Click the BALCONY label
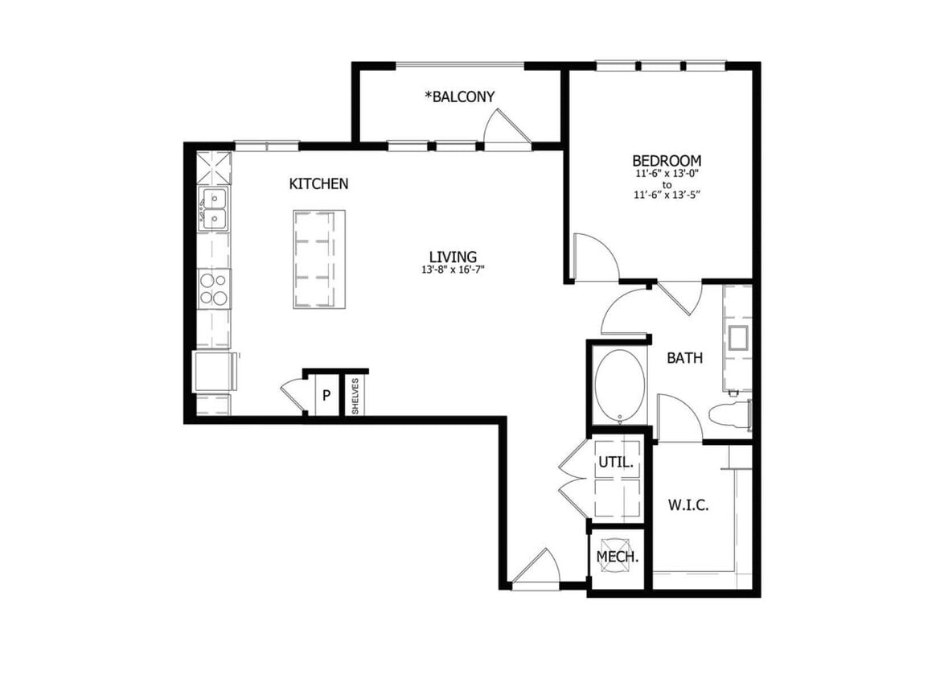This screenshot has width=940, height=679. (460, 97)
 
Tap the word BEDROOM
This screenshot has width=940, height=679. (666, 161)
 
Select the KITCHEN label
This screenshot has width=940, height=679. (318, 184)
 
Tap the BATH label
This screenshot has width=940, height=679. (684, 358)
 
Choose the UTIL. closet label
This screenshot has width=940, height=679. (616, 463)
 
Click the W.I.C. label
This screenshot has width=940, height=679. (688, 506)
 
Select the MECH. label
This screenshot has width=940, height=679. (618, 557)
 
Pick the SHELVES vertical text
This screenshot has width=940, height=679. (355, 396)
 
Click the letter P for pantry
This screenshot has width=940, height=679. (326, 395)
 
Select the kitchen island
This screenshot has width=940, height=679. (319, 258)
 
